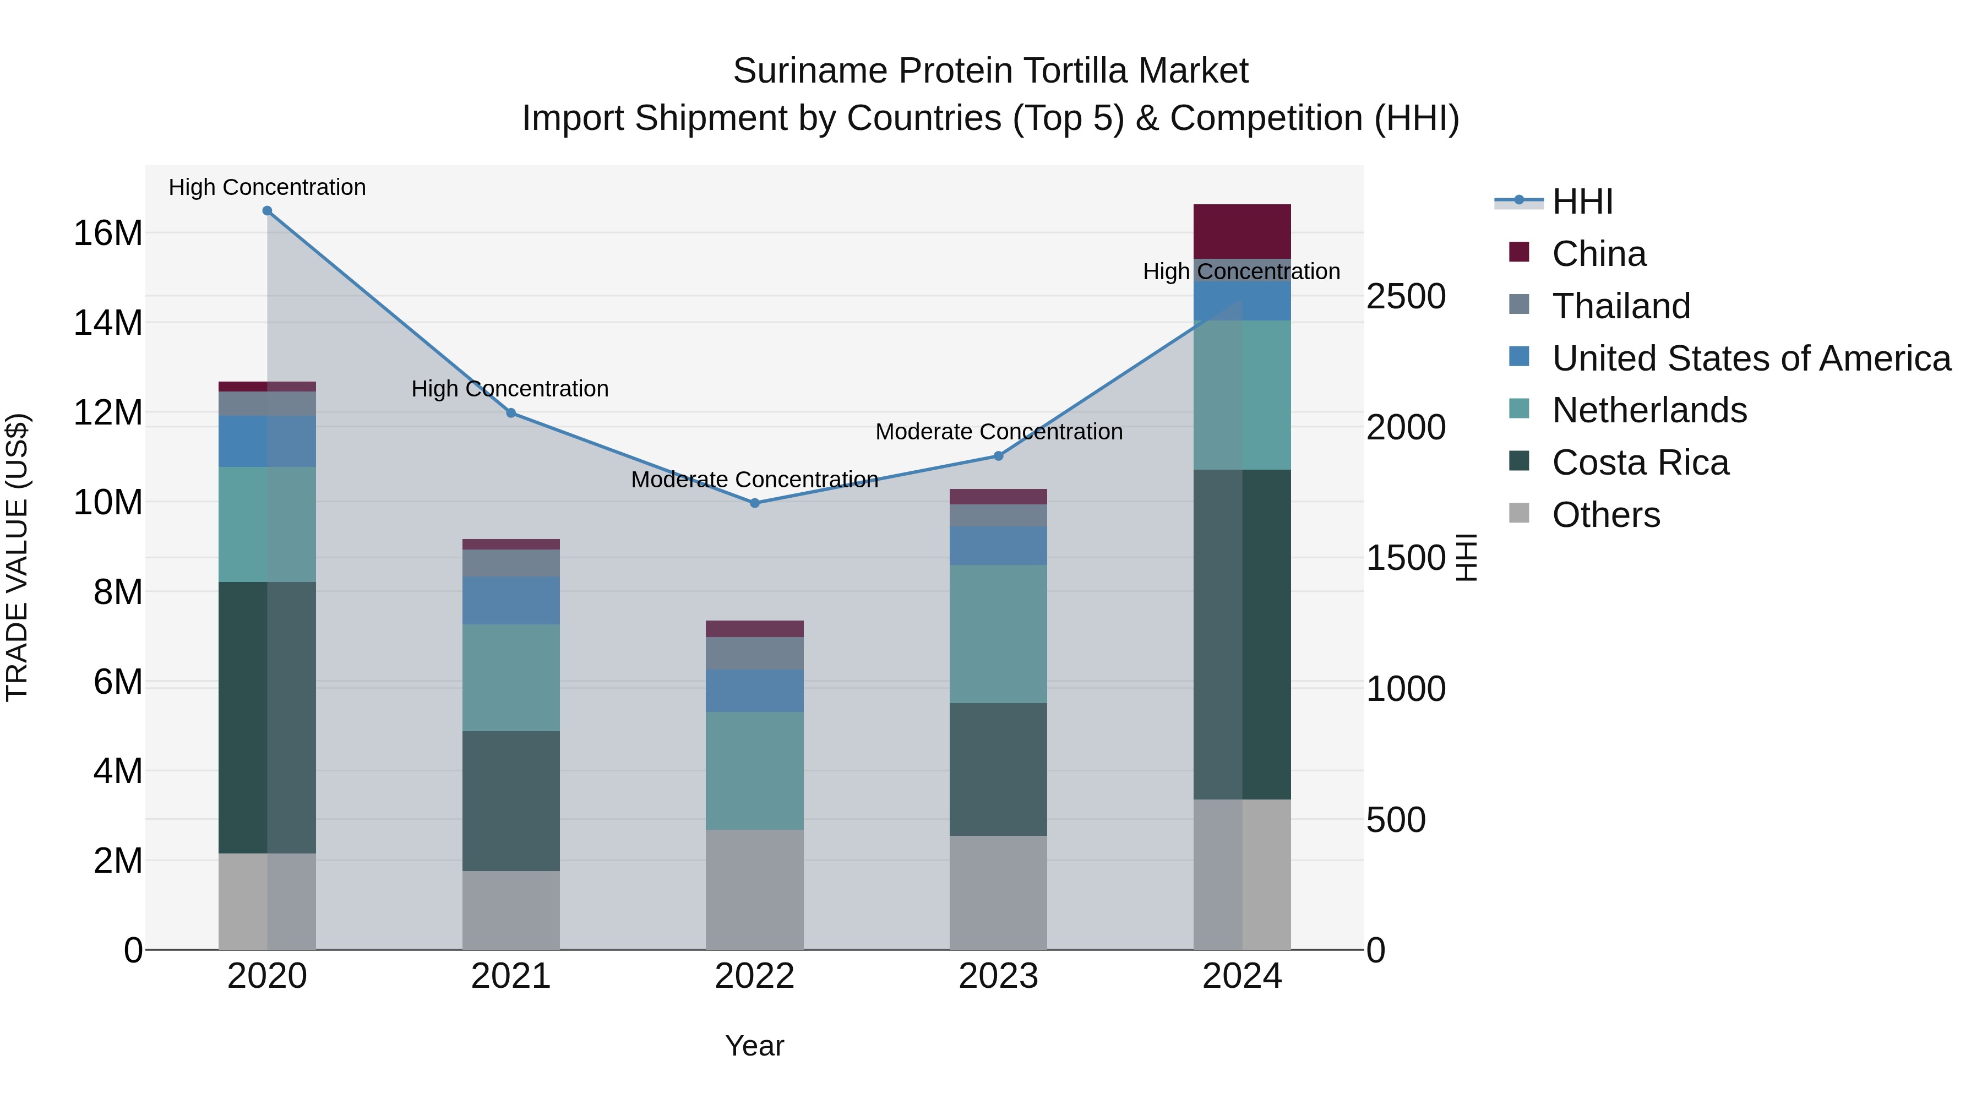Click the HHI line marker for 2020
[267, 211]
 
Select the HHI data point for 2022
[754, 503]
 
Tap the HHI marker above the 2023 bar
[998, 456]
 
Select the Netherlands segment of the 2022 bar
[754, 770]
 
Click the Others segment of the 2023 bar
[998, 893]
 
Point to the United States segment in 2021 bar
[511, 600]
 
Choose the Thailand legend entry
[1620, 306]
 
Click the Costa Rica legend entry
[1640, 463]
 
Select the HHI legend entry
[1582, 202]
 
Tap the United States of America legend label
[1751, 358]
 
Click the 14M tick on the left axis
[108, 323]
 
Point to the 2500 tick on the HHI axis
[1406, 297]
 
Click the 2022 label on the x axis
[754, 976]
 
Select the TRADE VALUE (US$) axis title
[17, 557]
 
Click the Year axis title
[754, 1046]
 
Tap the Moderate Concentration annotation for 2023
[999, 432]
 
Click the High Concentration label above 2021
[510, 389]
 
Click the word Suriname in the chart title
[810, 72]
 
